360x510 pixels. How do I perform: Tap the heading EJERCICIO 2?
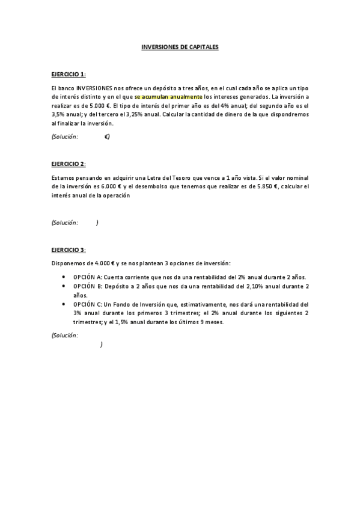(69, 164)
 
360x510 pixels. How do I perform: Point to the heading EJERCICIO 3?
(69, 250)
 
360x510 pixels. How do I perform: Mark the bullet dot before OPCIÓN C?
(64, 304)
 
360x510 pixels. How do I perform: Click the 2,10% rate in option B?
(249, 287)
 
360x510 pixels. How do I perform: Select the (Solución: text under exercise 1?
(65, 137)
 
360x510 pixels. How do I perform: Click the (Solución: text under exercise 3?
(65, 334)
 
